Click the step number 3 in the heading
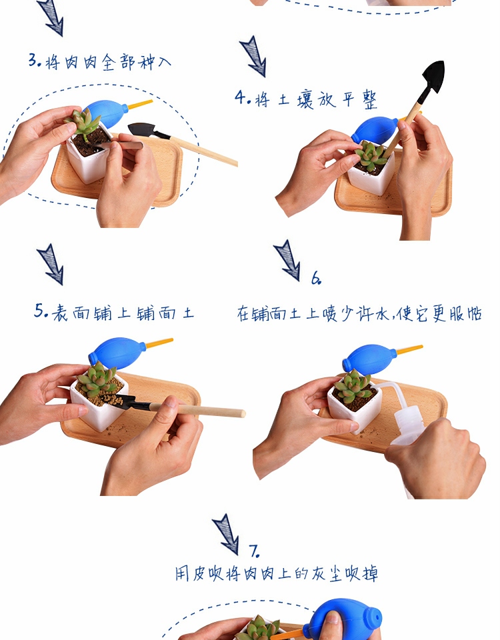pyautogui.click(x=33, y=60)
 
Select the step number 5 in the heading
pyautogui.click(x=39, y=311)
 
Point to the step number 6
pyautogui.click(x=315, y=278)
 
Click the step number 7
pyautogui.click(x=254, y=551)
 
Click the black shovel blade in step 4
pyautogui.click(x=433, y=77)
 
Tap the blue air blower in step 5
pyautogui.click(x=118, y=351)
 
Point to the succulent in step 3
pyautogui.click(x=83, y=123)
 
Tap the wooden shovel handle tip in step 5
pyautogui.click(x=243, y=413)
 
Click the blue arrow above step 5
pyautogui.click(x=51, y=264)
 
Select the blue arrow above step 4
pyautogui.click(x=253, y=56)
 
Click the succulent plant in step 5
pyautogui.click(x=97, y=379)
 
